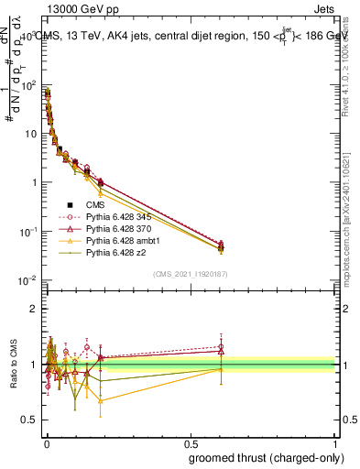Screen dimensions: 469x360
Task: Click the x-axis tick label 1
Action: point(335,442)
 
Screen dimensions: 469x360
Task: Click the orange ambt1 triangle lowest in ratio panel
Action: point(101,400)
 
